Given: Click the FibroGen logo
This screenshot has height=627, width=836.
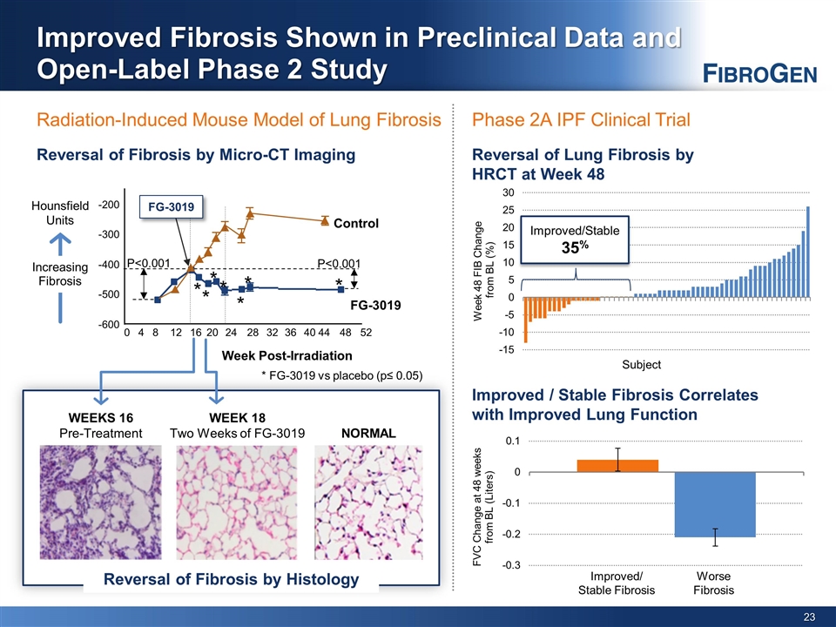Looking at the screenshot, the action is [x=759, y=73].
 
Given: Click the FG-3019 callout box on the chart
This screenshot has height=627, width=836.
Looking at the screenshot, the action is [x=172, y=207].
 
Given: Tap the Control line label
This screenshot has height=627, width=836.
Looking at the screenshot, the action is [x=355, y=224].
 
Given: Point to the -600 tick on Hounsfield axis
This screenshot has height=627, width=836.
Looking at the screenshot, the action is [x=109, y=324].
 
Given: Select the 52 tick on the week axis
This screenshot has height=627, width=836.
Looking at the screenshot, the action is [x=366, y=333].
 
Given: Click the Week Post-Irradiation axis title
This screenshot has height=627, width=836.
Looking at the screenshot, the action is [x=287, y=355].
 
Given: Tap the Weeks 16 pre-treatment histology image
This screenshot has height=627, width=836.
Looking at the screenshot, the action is [x=101, y=502].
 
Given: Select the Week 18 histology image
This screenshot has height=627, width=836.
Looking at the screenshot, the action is [x=237, y=502].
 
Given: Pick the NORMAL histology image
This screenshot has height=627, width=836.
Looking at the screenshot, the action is [x=368, y=502].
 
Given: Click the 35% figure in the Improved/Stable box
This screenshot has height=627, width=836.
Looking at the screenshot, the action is [x=575, y=246].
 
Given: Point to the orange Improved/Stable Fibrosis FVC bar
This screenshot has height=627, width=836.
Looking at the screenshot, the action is [x=617, y=466].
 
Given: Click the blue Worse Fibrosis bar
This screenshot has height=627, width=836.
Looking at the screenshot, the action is [x=715, y=504].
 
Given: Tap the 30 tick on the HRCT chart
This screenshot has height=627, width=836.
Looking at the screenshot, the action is [x=508, y=192].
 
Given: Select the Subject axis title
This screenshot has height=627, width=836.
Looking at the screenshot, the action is [x=642, y=365].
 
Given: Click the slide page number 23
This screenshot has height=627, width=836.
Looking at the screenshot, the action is [x=809, y=617].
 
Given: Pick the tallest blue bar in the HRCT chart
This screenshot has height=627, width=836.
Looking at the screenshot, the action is [x=808, y=252].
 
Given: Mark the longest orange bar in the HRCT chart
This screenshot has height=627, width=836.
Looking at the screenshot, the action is [x=526, y=320].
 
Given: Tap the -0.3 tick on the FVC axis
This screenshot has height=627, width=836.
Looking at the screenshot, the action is [x=512, y=565].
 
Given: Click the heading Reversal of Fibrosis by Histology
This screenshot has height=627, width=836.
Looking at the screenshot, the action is [x=231, y=579].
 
